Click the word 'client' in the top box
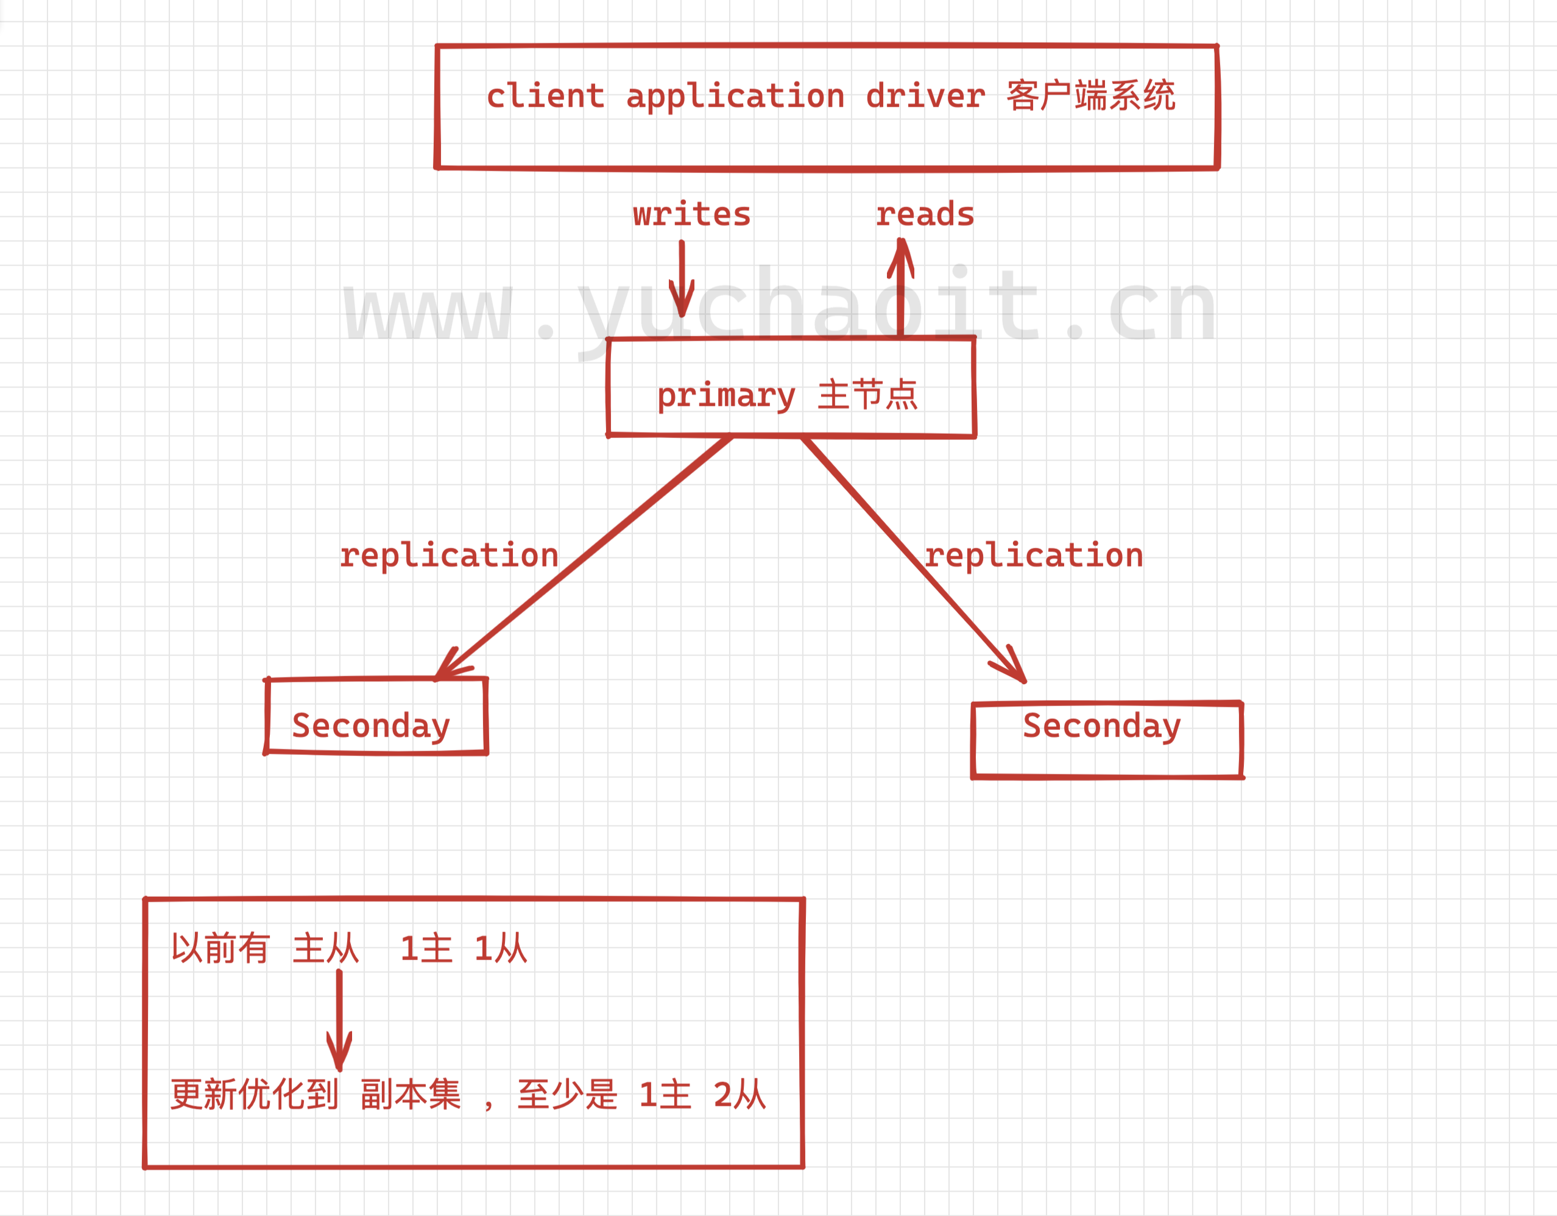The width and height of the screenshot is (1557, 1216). tap(545, 96)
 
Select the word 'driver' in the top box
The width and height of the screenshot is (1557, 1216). tap(925, 96)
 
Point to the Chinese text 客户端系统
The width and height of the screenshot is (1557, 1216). tap(1091, 96)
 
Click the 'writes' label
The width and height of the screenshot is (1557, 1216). tap(691, 214)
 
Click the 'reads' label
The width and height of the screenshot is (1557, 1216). tap(925, 214)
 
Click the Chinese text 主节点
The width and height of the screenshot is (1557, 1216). tap(867, 395)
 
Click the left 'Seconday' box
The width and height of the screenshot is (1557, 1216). tap(376, 716)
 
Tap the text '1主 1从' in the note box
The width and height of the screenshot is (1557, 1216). tap(464, 949)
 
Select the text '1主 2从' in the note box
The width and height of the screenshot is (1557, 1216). tap(702, 1095)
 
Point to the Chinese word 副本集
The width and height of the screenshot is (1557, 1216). tap(411, 1095)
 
